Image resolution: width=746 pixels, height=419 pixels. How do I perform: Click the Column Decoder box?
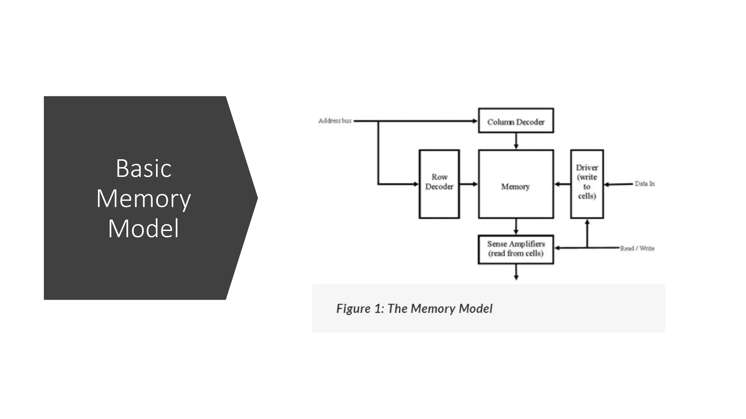pyautogui.click(x=516, y=121)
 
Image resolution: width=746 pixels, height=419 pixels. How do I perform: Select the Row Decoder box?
pyautogui.click(x=439, y=184)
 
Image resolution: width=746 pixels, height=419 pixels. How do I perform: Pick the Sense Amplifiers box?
pyautogui.click(x=516, y=249)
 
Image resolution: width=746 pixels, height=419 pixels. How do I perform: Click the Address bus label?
pyautogui.click(x=335, y=121)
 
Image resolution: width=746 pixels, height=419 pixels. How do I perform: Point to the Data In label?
pyautogui.click(x=644, y=184)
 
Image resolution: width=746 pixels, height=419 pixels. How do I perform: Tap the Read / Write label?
pyautogui.click(x=637, y=248)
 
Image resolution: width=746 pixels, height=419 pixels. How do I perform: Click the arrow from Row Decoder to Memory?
pyautogui.click(x=469, y=184)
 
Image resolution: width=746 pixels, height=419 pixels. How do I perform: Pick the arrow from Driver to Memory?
pyautogui.click(x=562, y=184)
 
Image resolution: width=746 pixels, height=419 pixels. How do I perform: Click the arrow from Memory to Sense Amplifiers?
pyautogui.click(x=516, y=227)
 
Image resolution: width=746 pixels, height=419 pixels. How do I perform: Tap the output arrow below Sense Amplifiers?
pyautogui.click(x=516, y=272)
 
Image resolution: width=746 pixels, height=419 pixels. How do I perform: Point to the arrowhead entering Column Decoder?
pyautogui.click(x=475, y=121)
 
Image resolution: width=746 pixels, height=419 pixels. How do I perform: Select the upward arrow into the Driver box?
pyautogui.click(x=587, y=233)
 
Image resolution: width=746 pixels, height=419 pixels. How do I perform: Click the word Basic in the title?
pyautogui.click(x=144, y=169)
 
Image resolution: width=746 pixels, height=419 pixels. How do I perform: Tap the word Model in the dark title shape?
pyautogui.click(x=144, y=229)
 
